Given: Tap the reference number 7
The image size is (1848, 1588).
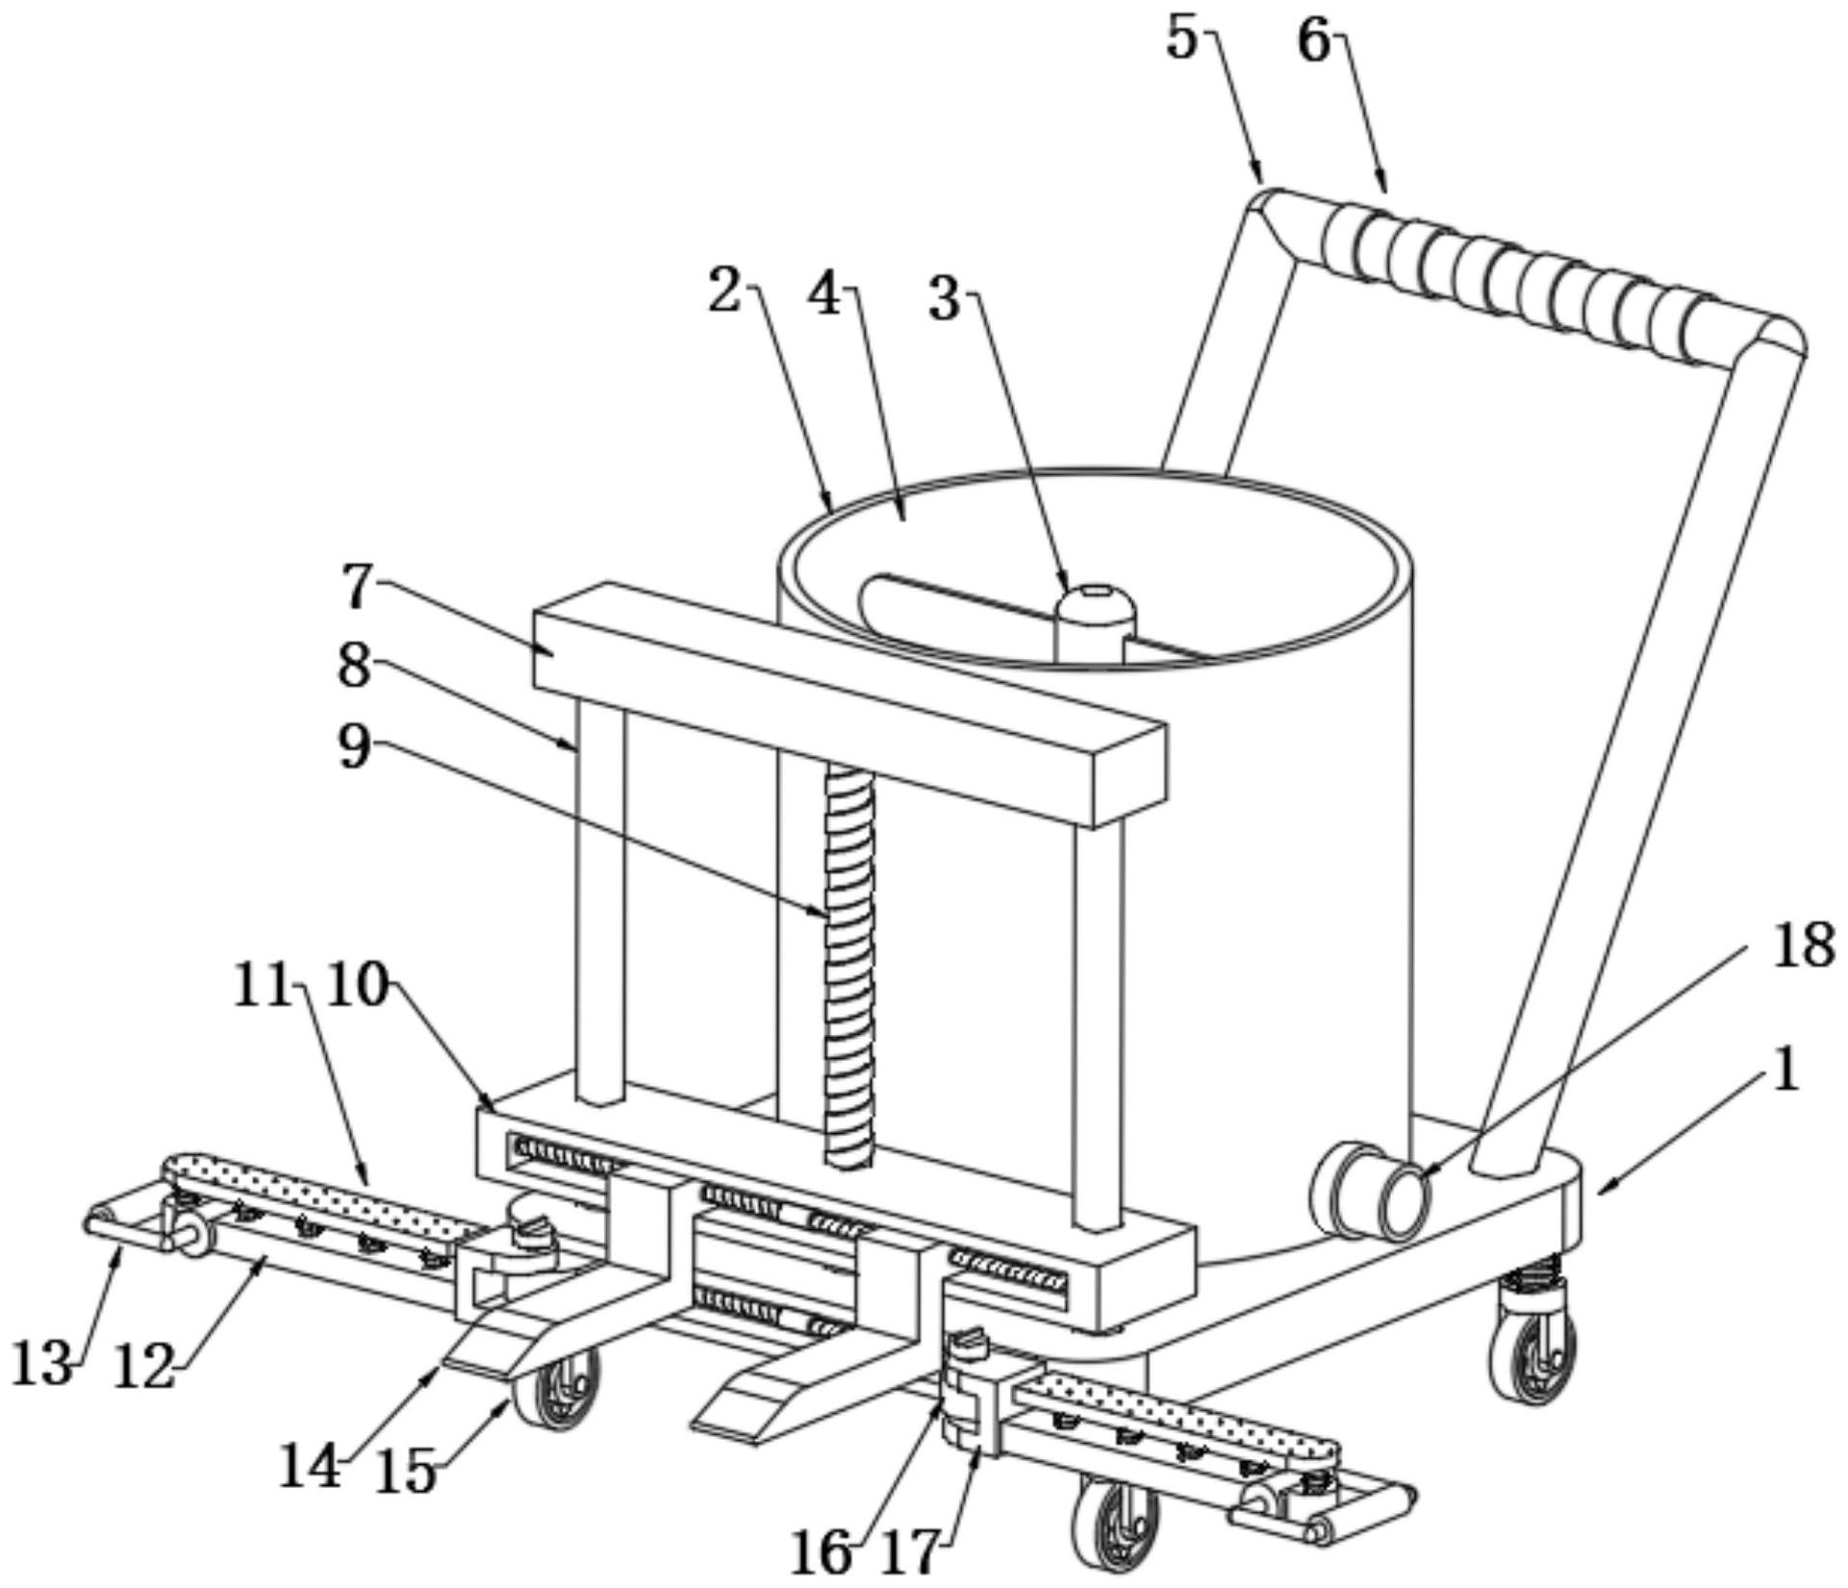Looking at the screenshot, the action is coord(358,586).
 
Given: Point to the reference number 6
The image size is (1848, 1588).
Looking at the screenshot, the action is coord(1314,41).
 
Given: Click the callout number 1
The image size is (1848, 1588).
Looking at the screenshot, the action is coord(1785,1070).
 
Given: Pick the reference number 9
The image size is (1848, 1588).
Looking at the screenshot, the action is coord(354,746).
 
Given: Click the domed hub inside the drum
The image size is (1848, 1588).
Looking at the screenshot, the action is coord(1095,623).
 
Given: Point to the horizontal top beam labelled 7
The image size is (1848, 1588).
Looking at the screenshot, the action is coord(850,704).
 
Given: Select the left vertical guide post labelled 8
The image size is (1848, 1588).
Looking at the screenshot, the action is coord(600,901).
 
